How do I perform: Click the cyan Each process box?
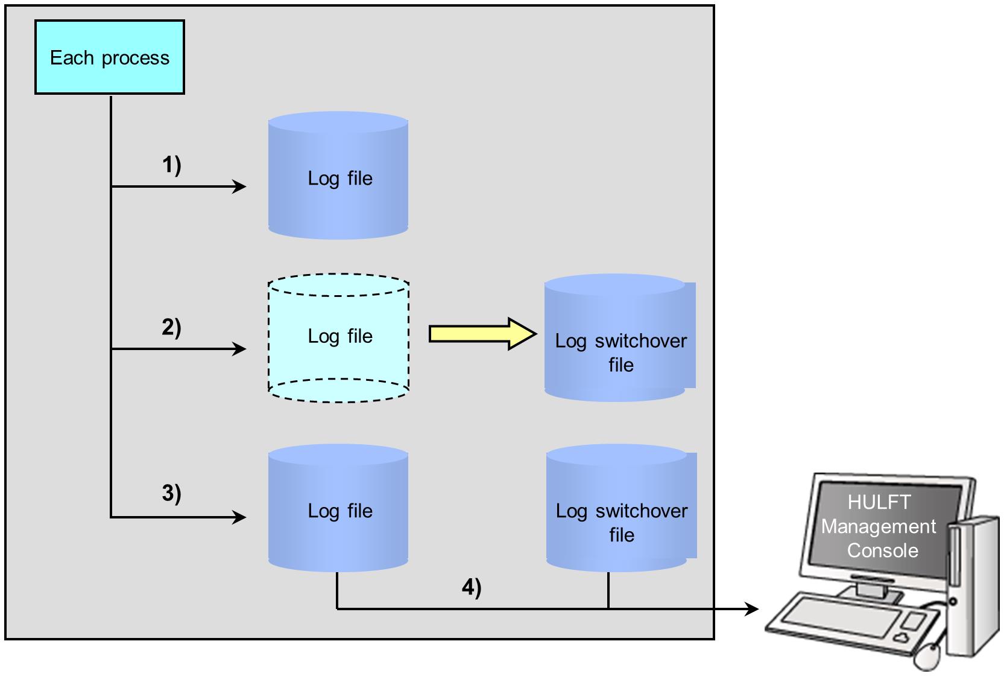pyautogui.click(x=110, y=57)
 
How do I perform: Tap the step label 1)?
pyautogui.click(x=171, y=164)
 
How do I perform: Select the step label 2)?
pyautogui.click(x=171, y=327)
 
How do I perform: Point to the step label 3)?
pyautogui.click(x=171, y=493)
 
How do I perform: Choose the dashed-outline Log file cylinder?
pyautogui.click(x=338, y=338)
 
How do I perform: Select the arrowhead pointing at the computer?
pyautogui.click(x=752, y=609)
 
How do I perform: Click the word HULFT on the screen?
pyautogui.click(x=879, y=502)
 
